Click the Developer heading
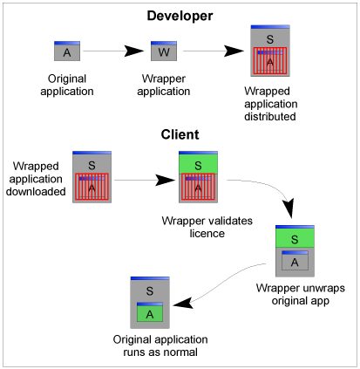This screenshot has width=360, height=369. (180, 15)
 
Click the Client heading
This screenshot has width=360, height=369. (180, 135)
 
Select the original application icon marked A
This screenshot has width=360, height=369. (67, 51)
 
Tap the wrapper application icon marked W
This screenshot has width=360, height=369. (164, 51)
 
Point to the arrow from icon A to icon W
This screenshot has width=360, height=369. (114, 51)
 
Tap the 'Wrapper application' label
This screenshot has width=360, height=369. (165, 85)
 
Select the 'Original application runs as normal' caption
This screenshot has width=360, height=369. (153, 345)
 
